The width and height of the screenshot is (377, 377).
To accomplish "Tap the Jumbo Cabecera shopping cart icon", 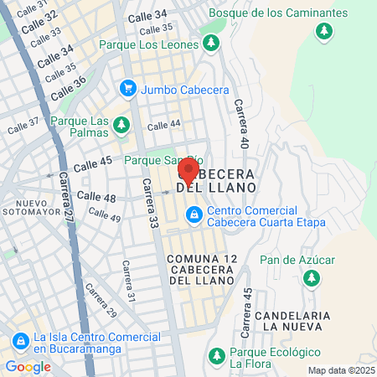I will pyautogui.click(x=128, y=87).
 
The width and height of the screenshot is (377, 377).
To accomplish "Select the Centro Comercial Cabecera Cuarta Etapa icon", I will pyautogui.click(x=194, y=216).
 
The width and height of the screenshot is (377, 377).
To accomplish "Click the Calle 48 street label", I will pyautogui.click(x=96, y=196).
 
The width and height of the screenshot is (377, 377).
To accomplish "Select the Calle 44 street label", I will pyautogui.click(x=163, y=125).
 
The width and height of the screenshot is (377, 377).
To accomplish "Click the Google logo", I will pyautogui.click(x=28, y=366).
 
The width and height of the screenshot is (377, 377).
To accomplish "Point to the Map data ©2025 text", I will pyautogui.click(x=341, y=370).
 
